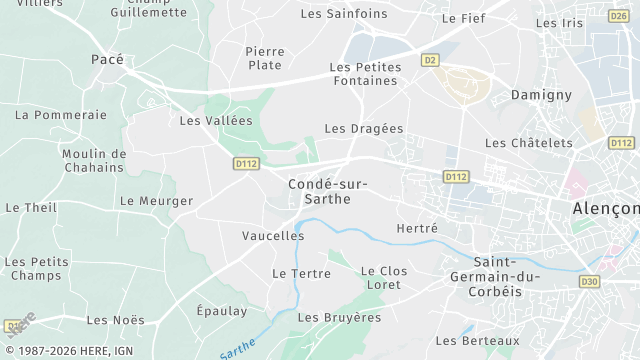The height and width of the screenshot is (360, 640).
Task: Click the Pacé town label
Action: point(107,60)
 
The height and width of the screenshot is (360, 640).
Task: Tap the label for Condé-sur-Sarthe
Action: point(327,191)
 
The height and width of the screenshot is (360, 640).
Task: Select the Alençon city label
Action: point(606,208)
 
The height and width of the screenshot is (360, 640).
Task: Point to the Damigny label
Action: point(541,94)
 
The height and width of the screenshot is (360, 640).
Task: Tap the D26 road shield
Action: point(617,15)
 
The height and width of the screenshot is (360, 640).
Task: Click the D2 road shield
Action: point(431,60)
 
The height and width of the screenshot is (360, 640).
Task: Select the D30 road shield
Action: point(589,282)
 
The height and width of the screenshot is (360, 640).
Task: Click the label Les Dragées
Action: point(364,129)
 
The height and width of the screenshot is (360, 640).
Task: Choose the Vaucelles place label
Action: point(273,236)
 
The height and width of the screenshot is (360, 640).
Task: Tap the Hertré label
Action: point(417,229)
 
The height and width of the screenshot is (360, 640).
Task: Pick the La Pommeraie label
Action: point(61,115)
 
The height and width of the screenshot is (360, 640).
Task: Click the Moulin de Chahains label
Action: point(93,160)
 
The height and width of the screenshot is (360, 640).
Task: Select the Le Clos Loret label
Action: point(384,278)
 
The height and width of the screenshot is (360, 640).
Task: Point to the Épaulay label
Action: point(221,311)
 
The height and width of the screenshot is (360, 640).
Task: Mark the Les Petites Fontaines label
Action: point(365,75)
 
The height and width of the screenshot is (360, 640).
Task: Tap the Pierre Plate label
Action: point(265,58)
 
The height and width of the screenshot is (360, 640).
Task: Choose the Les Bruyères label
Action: point(340,317)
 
